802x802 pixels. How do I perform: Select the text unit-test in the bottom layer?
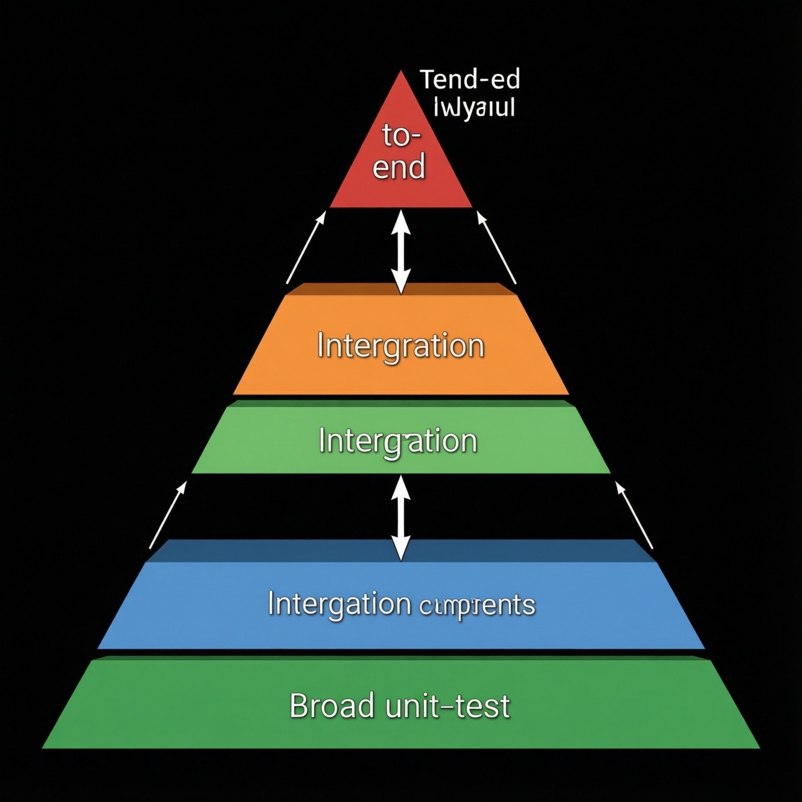[x=448, y=705]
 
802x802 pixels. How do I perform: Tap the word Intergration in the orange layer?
[x=401, y=347]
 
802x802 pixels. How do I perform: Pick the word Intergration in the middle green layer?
[x=398, y=441]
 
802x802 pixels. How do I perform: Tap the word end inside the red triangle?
[x=399, y=166]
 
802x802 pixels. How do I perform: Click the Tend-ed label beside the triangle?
[x=469, y=80]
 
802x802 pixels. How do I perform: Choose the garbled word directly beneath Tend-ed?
[x=475, y=108]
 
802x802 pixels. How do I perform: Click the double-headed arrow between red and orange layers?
[x=400, y=252]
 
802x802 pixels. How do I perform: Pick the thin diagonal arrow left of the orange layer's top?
[x=306, y=248]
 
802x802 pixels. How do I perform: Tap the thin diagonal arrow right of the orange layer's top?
[x=496, y=248]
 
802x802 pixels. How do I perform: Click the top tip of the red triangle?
[x=400, y=72]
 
